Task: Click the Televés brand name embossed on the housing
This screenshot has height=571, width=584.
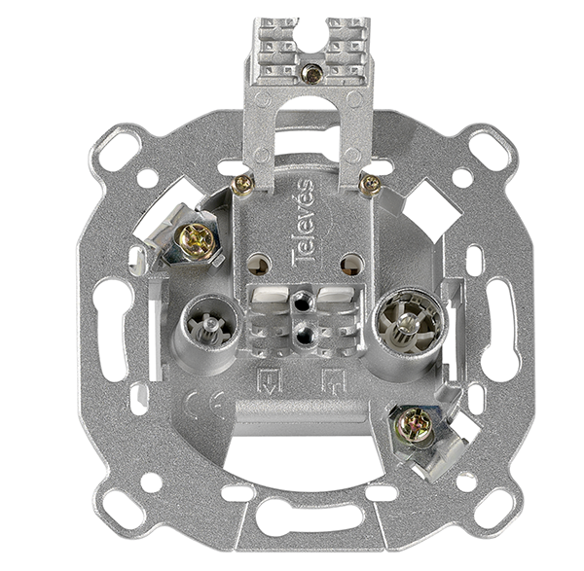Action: pyautogui.click(x=302, y=224)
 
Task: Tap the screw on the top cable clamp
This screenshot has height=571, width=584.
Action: pyautogui.click(x=312, y=74)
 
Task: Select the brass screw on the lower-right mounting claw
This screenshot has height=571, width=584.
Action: pyautogui.click(x=415, y=425)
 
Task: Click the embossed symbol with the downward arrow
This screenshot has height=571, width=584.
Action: pyautogui.click(x=270, y=381)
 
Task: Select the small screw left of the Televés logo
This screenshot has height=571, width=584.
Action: pyautogui.click(x=242, y=185)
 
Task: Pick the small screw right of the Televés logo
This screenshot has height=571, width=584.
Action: pyautogui.click(x=370, y=184)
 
